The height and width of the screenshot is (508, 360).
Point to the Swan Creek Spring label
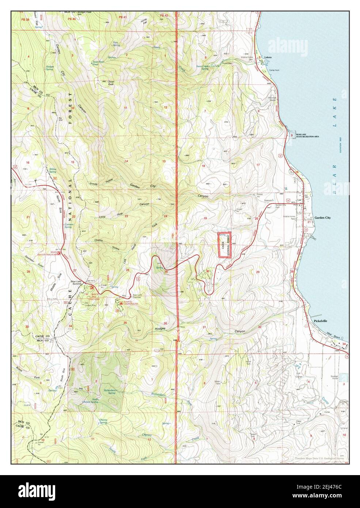pos(202,68)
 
